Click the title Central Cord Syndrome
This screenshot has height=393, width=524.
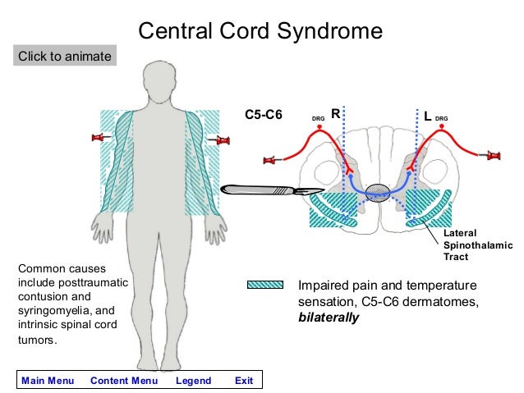click(260, 31)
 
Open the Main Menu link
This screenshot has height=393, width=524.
click(48, 381)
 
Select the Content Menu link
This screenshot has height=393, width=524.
click(124, 381)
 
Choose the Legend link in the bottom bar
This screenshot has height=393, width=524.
click(194, 381)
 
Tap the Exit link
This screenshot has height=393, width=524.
click(244, 381)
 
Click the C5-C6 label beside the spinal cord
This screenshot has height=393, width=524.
click(264, 116)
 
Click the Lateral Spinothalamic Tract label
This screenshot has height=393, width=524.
click(477, 244)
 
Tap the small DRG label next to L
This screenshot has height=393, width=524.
click(442, 119)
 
